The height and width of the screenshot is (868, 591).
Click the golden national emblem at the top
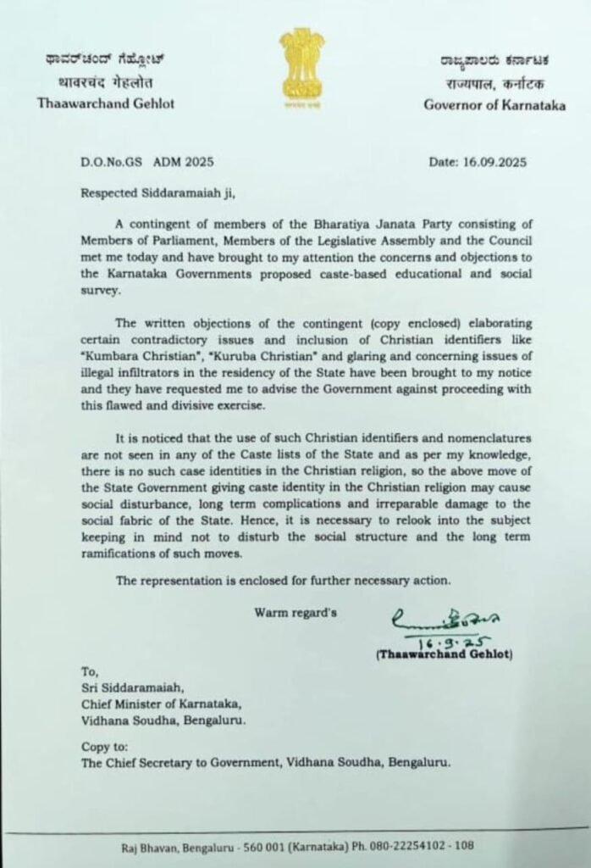pos(301,64)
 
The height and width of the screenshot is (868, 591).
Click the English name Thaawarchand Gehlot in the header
pos(101,103)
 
